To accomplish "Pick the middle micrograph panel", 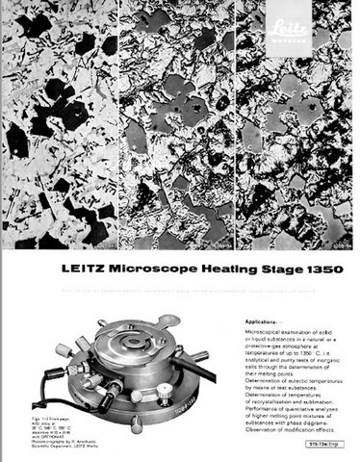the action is pos(178,125).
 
